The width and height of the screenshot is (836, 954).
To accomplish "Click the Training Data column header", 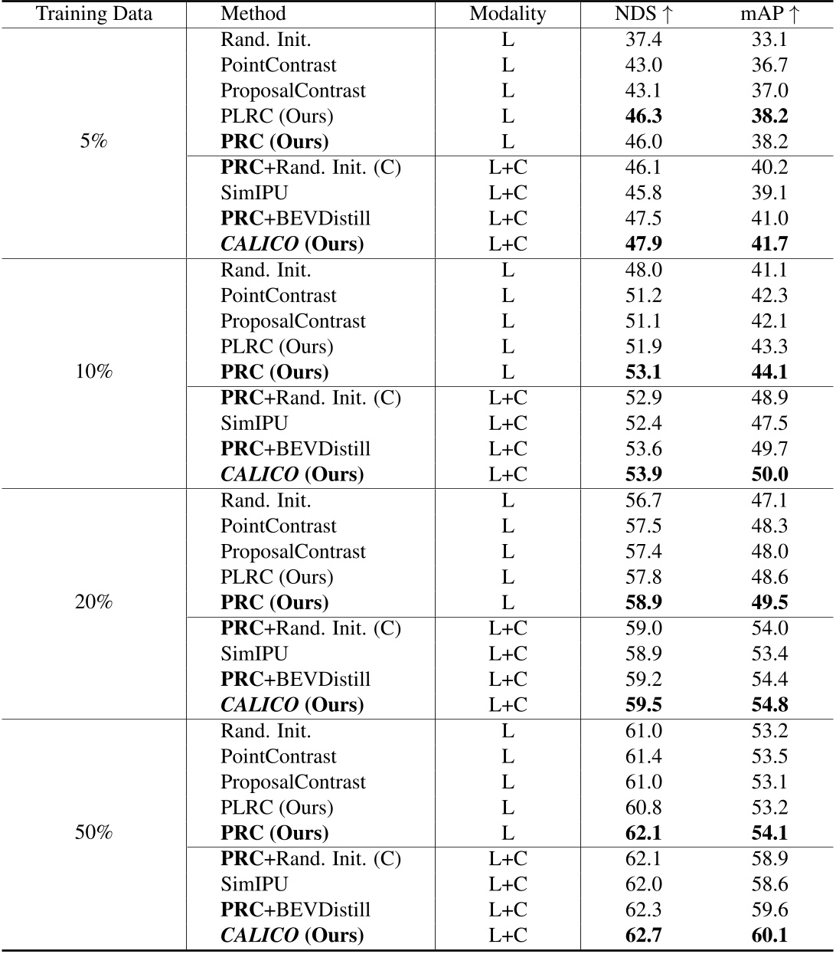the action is click(x=94, y=14).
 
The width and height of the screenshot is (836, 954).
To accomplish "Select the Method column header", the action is click(x=253, y=14).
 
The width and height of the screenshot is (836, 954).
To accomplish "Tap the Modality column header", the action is click(x=508, y=14).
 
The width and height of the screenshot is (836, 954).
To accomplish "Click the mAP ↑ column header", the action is click(x=769, y=14).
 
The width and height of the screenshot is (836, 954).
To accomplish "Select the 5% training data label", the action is click(x=94, y=142).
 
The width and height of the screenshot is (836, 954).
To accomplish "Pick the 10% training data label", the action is click(x=94, y=372).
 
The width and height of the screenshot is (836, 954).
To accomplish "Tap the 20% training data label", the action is click(x=94, y=602).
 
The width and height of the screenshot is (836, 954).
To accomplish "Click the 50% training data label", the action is click(x=94, y=833).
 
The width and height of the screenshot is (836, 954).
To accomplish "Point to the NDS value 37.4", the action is click(x=643, y=39).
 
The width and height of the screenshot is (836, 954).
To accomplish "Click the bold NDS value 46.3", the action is click(x=643, y=116).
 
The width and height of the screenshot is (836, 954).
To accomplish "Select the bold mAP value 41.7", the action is click(x=769, y=244).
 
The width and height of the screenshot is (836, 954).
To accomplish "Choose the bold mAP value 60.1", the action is click(x=769, y=936).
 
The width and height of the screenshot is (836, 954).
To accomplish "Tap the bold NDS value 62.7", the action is click(x=643, y=936).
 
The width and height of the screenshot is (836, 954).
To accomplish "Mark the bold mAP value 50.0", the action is click(x=769, y=474).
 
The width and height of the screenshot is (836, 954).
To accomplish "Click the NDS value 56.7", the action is click(x=643, y=500).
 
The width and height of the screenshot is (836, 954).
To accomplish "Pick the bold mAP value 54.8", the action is click(x=769, y=705).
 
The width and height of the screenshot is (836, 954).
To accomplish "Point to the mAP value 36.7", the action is click(x=769, y=65).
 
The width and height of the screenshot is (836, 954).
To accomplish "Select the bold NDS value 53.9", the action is click(x=643, y=474).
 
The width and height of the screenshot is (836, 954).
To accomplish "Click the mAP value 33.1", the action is click(x=769, y=39).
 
